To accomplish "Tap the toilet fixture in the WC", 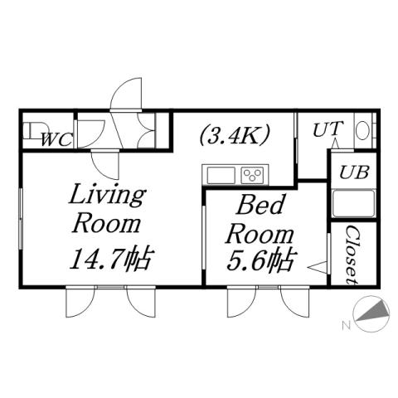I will coord(32,132).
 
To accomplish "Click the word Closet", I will coord(351,252).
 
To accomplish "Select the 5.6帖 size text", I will coord(261,261).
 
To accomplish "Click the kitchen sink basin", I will coord(221,175).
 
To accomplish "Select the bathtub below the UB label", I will coord(352,204).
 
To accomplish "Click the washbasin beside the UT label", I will coord(362,131).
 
